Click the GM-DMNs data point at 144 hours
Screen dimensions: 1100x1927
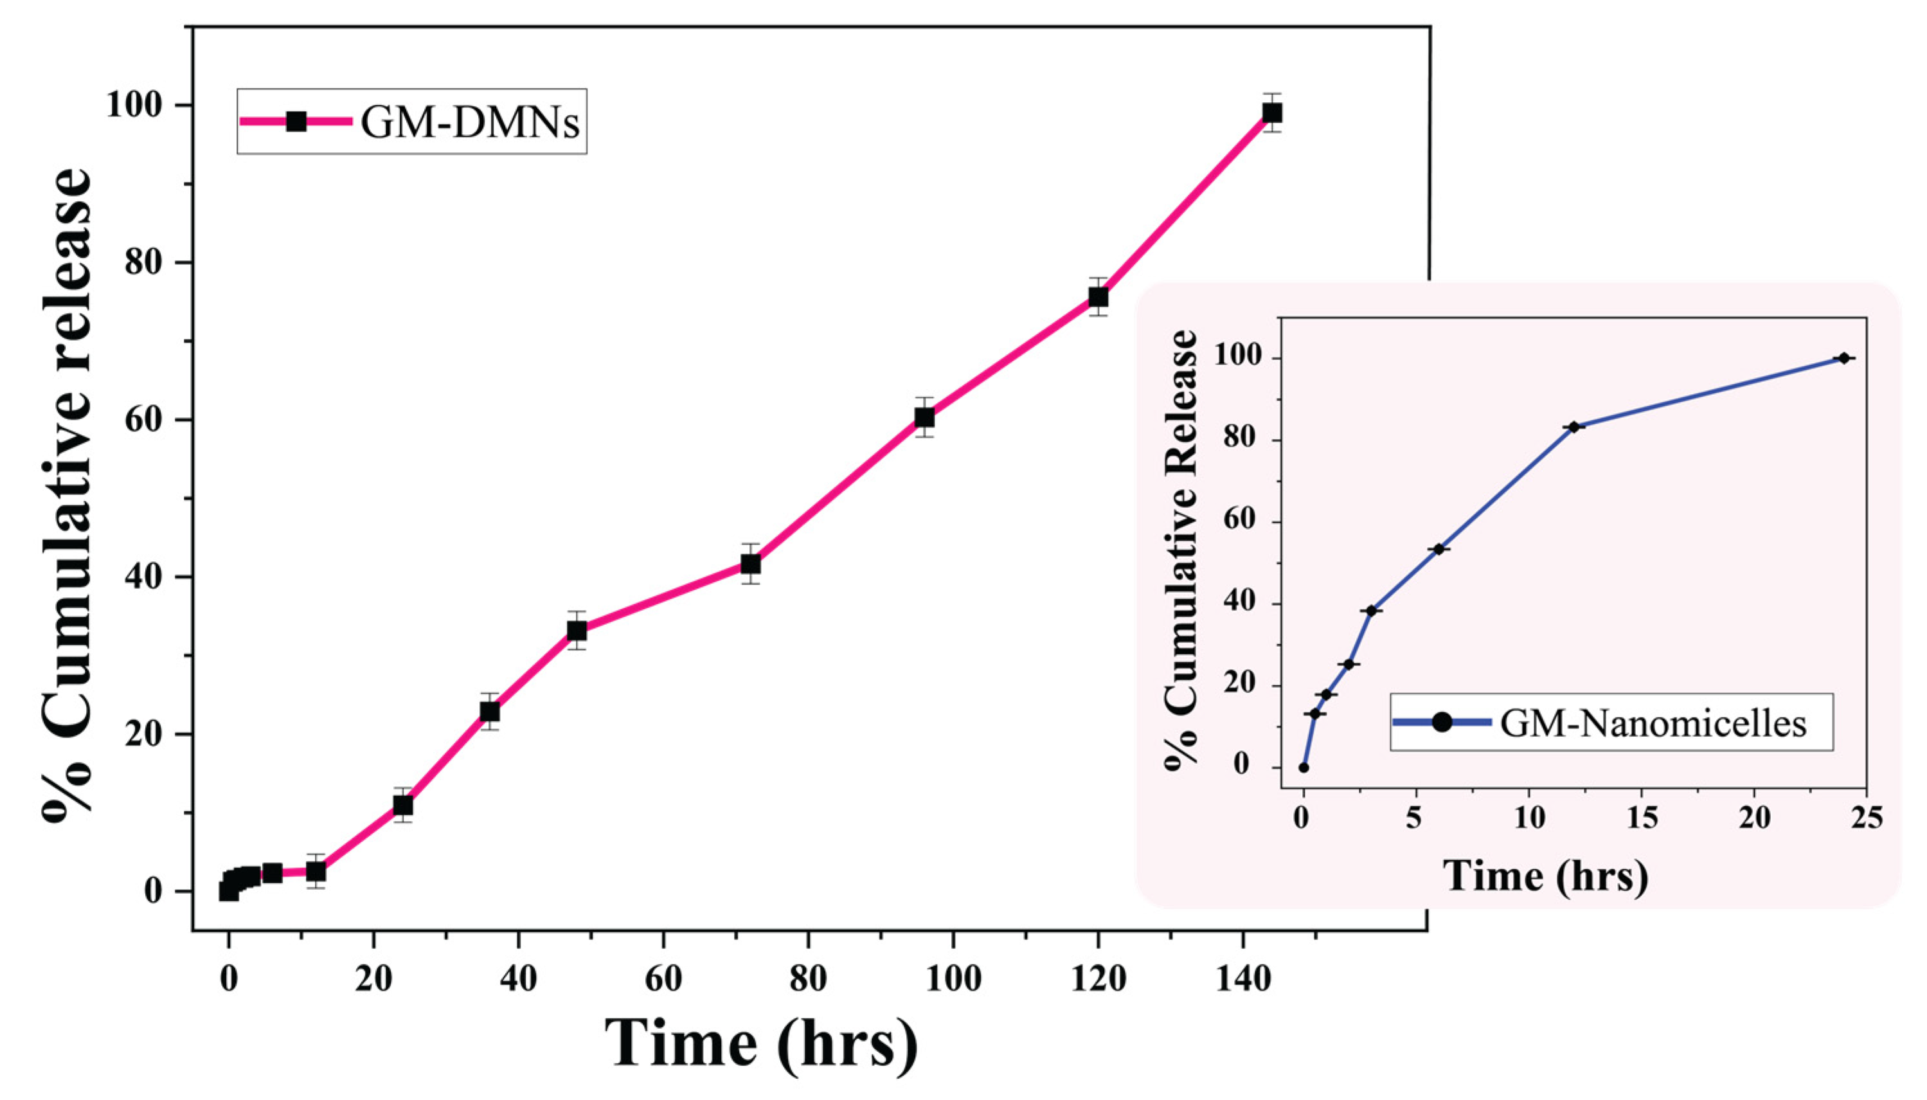(x=1272, y=113)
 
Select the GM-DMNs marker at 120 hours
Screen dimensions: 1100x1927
(x=1098, y=297)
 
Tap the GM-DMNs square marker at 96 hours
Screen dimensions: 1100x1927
(x=924, y=417)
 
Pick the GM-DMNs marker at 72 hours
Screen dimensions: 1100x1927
(x=750, y=564)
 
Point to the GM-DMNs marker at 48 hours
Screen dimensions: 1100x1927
(x=577, y=630)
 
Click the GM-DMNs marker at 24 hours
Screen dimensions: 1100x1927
(x=403, y=806)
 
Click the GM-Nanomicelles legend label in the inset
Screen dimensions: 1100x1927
(x=1652, y=723)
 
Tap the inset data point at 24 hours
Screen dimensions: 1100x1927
(x=1843, y=358)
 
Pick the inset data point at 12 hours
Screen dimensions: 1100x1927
(x=1573, y=427)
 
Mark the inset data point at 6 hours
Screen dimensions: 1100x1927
(x=1439, y=549)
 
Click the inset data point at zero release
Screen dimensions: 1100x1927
(x=1304, y=768)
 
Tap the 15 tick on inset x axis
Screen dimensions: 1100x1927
(x=1642, y=818)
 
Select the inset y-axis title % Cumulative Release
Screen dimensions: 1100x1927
(x=1183, y=548)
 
